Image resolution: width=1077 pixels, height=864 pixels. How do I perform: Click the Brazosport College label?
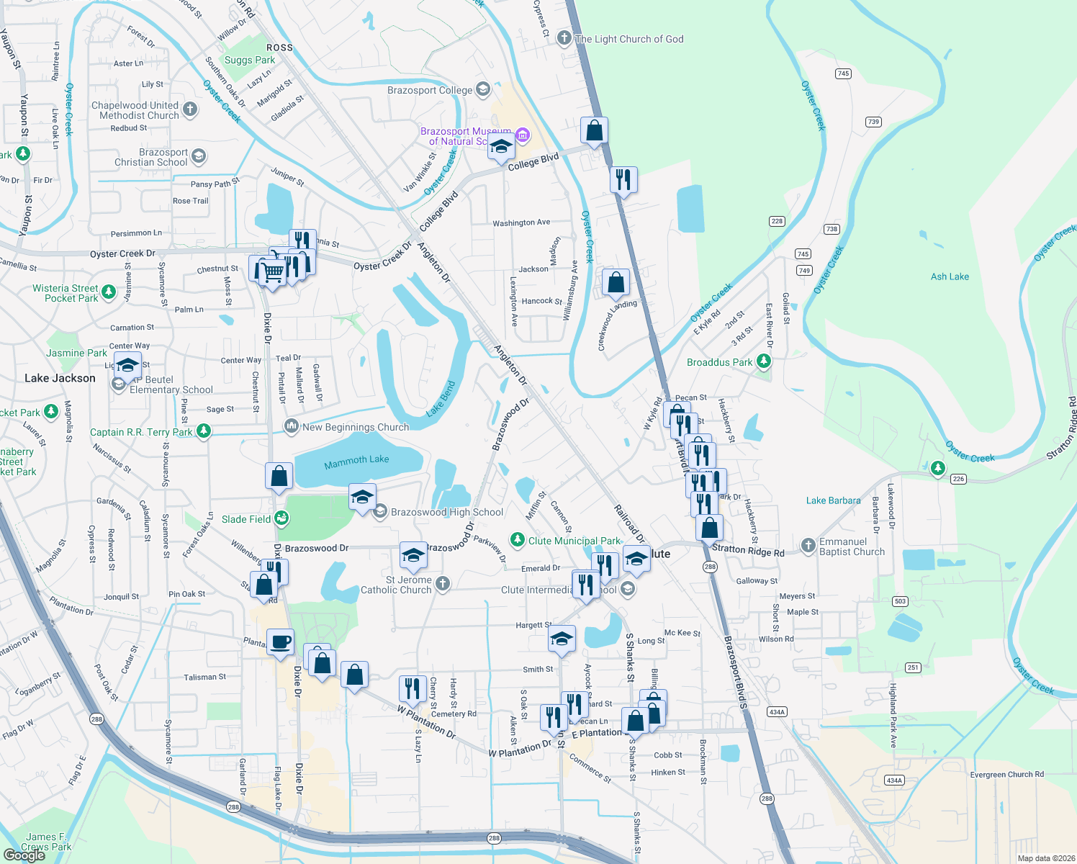point(430,90)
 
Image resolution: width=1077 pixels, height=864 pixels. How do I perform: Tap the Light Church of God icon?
point(564,38)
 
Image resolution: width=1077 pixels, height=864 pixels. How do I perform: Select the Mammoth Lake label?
point(356,461)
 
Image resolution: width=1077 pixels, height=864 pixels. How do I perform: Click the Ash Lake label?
point(950,276)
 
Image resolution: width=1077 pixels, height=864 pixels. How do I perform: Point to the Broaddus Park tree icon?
point(764,362)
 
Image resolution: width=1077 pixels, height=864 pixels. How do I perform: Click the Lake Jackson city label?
point(60,378)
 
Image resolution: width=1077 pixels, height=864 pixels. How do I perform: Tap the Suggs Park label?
point(250,60)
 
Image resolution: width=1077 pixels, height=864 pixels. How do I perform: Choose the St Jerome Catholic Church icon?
point(443,583)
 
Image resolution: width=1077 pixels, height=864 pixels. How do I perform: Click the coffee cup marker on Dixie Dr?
point(280,642)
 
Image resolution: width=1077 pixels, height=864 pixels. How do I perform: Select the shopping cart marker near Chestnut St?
point(272,272)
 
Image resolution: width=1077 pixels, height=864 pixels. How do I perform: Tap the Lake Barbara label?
point(833,500)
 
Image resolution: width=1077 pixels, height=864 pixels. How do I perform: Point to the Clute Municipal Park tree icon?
point(517,539)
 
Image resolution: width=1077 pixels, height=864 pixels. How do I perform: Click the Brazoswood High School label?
point(447,512)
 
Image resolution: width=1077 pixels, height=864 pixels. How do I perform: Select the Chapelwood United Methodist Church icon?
point(190,109)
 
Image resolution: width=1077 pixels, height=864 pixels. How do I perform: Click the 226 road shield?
point(958,479)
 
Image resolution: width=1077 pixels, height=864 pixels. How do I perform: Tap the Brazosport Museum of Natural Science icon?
point(523,135)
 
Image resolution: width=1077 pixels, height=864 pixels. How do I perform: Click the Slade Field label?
point(246,519)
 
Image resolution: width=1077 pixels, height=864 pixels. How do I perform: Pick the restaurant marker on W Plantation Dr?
point(413,689)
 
